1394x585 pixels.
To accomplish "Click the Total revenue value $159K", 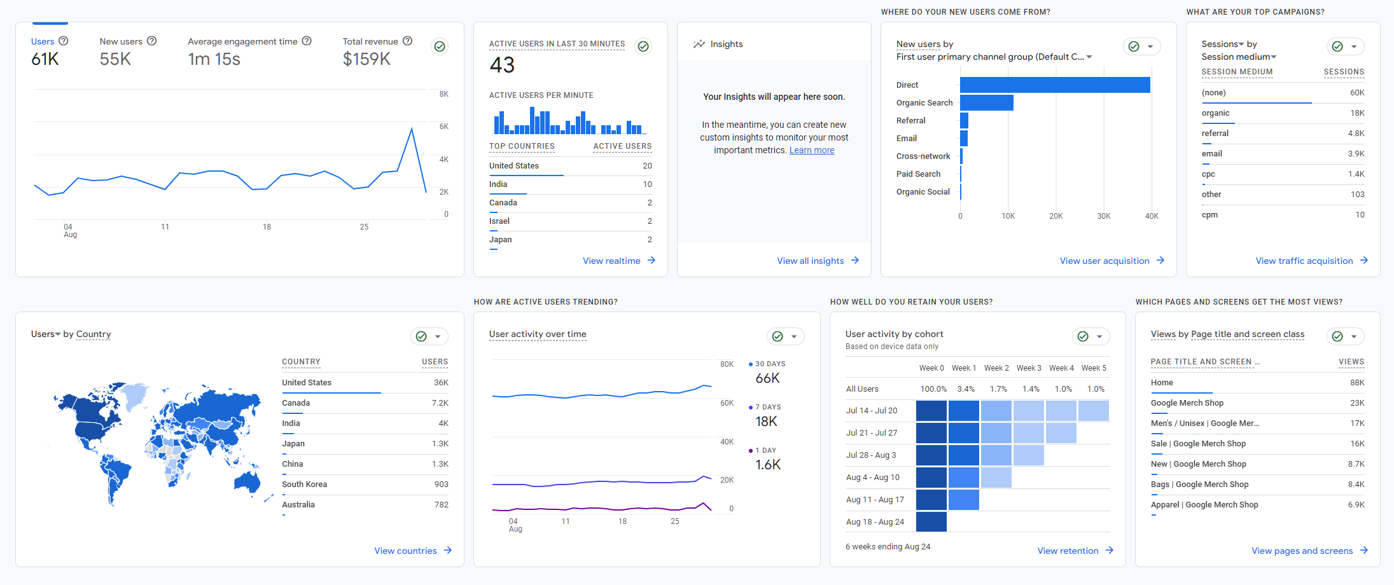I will tap(366, 59).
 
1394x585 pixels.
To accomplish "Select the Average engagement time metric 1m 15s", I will tap(214, 59).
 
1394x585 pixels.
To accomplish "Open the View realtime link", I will tap(611, 261).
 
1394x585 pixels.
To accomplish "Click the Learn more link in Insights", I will tap(811, 150).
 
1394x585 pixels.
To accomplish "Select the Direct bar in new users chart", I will tap(1054, 85).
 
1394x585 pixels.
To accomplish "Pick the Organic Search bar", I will tap(986, 102).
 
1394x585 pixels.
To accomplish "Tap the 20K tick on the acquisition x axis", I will tap(1056, 216).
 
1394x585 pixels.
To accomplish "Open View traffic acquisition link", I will tap(1304, 261).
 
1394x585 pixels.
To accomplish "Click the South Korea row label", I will tap(304, 485).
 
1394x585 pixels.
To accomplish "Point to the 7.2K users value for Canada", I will tap(440, 403).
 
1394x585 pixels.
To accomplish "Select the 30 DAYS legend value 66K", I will tap(767, 378).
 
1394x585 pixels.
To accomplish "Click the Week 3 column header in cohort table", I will tap(1028, 368).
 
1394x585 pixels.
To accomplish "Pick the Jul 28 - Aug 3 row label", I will tap(870, 455).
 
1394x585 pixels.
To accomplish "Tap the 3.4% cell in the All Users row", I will tap(965, 389).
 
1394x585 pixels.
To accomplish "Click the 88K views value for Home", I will tap(1356, 383).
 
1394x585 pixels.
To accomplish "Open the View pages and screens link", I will tap(1302, 551).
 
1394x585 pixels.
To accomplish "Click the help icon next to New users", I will tap(151, 41).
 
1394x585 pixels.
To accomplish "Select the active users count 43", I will tap(502, 65).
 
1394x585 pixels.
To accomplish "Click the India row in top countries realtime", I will tap(498, 184).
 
